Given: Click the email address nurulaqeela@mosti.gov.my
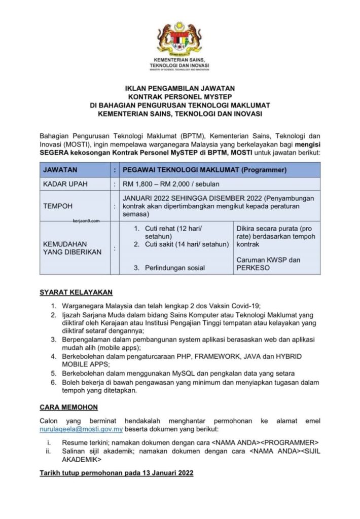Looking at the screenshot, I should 81,429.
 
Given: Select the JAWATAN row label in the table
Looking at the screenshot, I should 60,170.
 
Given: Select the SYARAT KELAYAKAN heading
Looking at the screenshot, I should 76,292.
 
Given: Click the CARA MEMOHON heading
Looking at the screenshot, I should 68,407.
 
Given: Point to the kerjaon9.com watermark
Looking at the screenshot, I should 83,221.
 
